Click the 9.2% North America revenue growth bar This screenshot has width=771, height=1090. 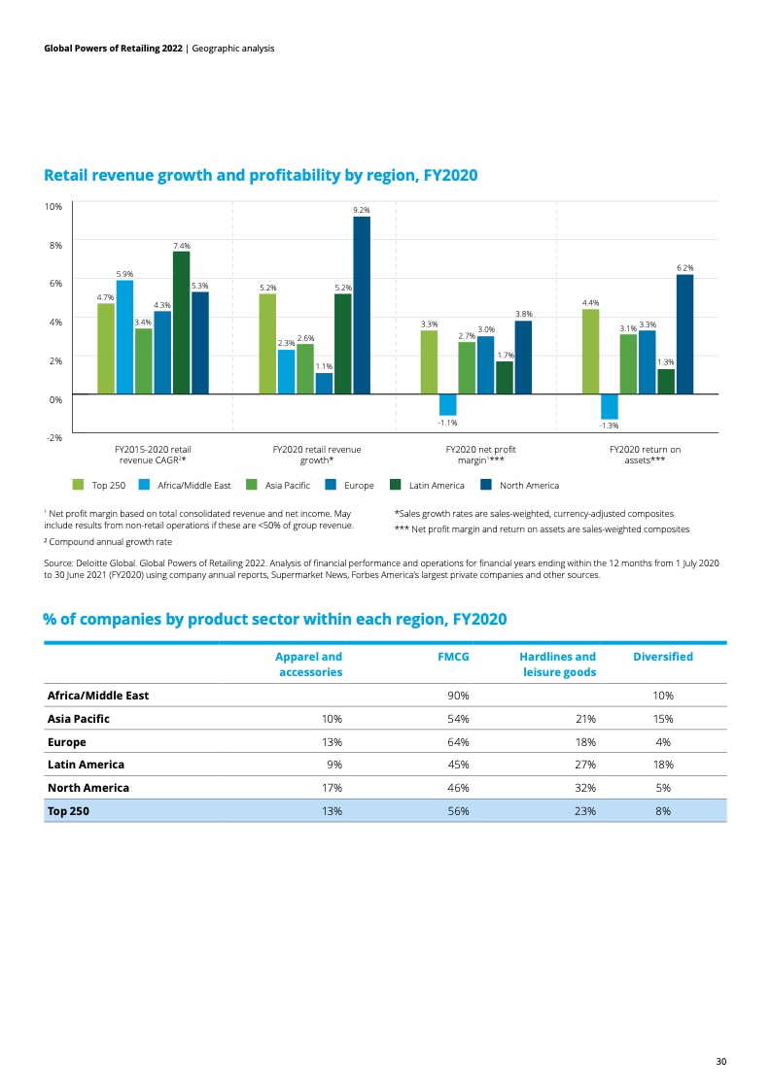point(362,305)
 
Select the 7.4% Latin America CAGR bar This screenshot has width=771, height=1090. point(182,323)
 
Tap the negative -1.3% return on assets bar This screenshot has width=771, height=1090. point(610,407)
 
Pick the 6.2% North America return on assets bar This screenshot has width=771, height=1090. point(684,334)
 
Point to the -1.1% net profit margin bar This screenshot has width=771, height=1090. point(448,404)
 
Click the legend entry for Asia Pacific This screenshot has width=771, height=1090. point(278,485)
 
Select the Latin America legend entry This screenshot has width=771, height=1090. point(427,485)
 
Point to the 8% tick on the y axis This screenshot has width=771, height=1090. point(53,245)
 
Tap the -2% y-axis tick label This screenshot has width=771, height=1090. point(53,437)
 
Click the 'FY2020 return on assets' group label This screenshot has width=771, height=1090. point(645,455)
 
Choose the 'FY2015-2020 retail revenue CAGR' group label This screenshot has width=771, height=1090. point(153,455)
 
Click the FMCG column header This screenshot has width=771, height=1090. point(453,656)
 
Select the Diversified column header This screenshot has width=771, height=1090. point(663,656)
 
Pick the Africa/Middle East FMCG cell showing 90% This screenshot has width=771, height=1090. point(458,696)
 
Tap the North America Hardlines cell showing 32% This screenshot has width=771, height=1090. point(585,788)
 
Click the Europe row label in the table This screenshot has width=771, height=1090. point(67,742)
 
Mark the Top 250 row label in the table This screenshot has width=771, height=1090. point(68,810)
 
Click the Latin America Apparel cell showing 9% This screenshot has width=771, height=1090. point(334,764)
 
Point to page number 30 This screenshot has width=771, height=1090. point(720,1061)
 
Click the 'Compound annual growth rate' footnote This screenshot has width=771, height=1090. point(108,541)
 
